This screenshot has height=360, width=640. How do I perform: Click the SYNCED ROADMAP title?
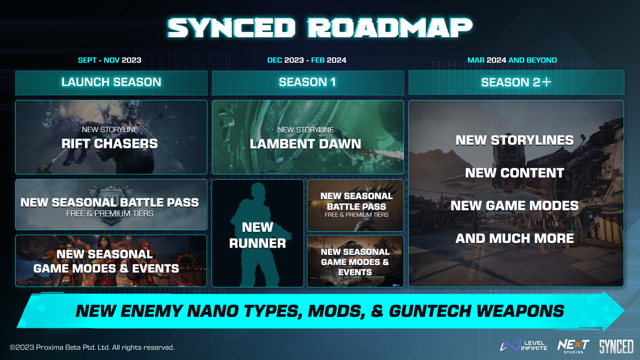320,28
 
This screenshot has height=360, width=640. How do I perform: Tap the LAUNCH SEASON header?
111,82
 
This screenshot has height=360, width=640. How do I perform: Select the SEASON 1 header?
308,82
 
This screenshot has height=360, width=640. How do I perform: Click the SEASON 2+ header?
516,82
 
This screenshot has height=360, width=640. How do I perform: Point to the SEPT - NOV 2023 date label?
110,60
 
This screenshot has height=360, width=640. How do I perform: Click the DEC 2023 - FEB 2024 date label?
307,60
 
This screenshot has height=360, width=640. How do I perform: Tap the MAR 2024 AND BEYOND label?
512,60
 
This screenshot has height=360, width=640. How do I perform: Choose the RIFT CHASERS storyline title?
110,144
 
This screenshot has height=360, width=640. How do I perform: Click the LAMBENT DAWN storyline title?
306,144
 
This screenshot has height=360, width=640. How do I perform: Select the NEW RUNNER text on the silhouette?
258,235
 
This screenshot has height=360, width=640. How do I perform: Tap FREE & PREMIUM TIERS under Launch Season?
110,214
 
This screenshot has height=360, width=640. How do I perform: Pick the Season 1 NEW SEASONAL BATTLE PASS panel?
355,205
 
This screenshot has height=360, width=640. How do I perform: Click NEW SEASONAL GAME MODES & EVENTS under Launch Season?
106,261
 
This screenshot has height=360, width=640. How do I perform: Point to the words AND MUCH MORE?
515,238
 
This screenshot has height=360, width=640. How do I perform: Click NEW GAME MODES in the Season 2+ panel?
515,206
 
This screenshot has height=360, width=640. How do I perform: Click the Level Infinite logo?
524,346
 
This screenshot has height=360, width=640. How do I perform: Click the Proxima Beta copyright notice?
92,347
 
